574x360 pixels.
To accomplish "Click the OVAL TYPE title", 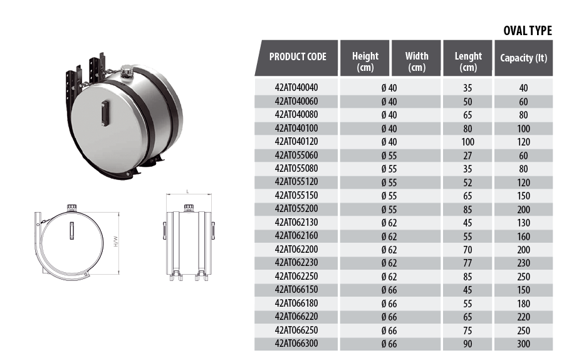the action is (x=528, y=31).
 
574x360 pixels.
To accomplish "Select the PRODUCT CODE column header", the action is (x=298, y=57).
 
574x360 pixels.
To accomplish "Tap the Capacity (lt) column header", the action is (x=523, y=58).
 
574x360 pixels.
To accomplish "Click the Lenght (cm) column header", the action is (x=468, y=61).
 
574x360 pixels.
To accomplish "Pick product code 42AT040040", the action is (x=296, y=88).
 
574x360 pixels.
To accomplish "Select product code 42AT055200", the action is (x=296, y=209).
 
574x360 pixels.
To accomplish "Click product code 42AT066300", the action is (x=296, y=344).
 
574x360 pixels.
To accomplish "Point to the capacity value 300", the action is (x=523, y=344).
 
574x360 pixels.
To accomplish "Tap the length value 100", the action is (x=468, y=142).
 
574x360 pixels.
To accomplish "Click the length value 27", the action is (x=468, y=156).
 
